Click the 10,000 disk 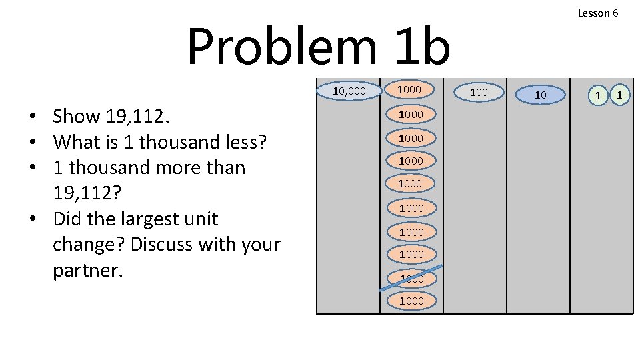coord(349,90)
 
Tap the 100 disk coord(479,92)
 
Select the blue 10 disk coord(541,95)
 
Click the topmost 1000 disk coord(409,89)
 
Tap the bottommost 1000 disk coord(411,301)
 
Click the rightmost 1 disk coord(619,95)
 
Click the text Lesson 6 coord(597,13)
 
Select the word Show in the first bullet coord(76,116)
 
